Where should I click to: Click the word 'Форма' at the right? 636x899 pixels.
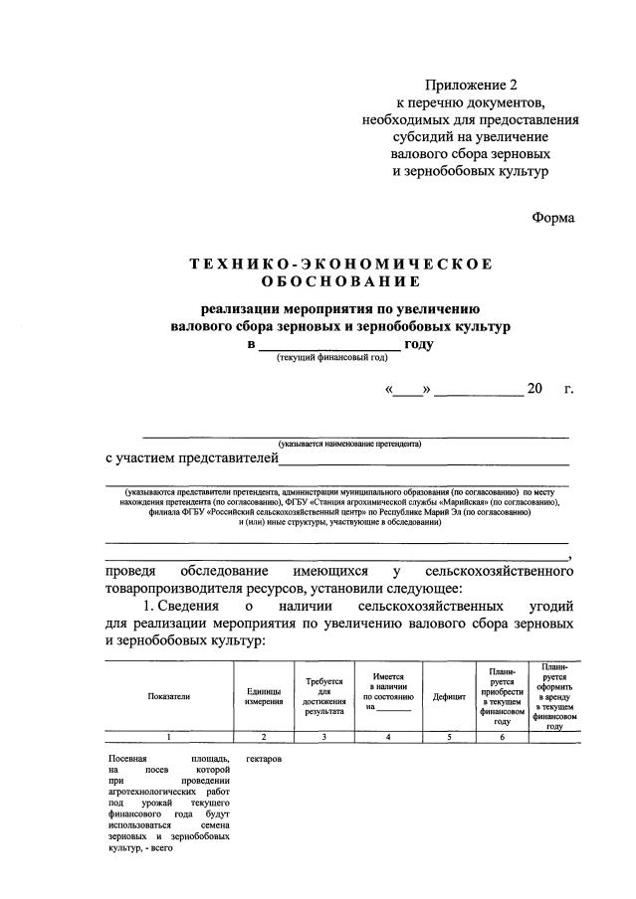pyautogui.click(x=552, y=217)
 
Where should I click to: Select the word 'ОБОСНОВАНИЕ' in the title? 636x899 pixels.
pyautogui.click(x=341, y=282)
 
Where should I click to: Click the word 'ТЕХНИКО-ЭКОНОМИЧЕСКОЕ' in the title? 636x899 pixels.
pyautogui.click(x=341, y=264)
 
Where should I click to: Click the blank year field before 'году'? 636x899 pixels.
pyautogui.click(x=328, y=344)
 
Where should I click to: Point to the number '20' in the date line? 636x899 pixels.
pyautogui.click(x=535, y=388)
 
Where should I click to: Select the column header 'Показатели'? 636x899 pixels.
pyautogui.click(x=168, y=696)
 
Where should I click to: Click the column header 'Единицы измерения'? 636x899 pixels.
pyautogui.click(x=263, y=696)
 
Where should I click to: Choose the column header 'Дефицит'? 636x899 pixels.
pyautogui.click(x=449, y=697)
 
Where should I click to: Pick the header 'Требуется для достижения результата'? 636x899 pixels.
pyautogui.click(x=324, y=696)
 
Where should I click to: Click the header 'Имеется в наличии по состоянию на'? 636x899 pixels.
pyautogui.click(x=388, y=692)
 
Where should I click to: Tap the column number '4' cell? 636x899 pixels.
pyautogui.click(x=388, y=737)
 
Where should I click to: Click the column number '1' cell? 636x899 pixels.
pyautogui.click(x=168, y=737)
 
